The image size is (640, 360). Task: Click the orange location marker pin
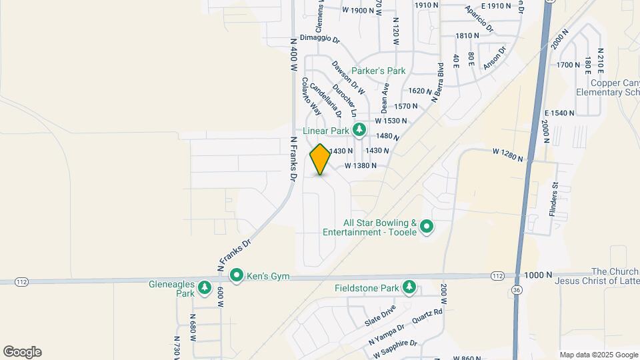tap(320, 159)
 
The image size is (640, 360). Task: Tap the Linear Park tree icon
tap(359, 130)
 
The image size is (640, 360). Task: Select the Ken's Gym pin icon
tap(236, 275)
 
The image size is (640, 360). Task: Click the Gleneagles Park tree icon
tap(205, 288)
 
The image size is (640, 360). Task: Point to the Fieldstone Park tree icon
tap(409, 288)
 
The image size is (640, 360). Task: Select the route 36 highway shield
tap(517, 289)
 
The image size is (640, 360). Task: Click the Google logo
tap(22, 352)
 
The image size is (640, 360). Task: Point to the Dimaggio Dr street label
tap(320, 39)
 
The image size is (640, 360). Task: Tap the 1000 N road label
tap(539, 275)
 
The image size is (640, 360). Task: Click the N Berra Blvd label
tap(437, 83)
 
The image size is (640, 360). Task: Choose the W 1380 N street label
tap(361, 165)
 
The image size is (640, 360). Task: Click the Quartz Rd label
tap(427, 315)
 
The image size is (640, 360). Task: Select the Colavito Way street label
tap(312, 97)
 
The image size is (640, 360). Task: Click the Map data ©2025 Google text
tap(598, 355)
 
